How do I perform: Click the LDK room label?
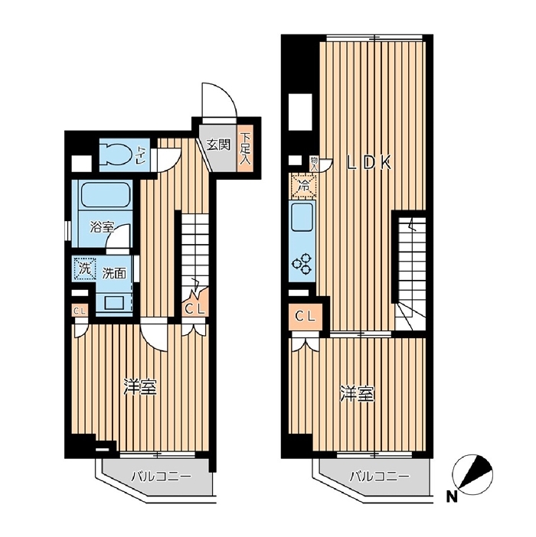pyautogui.click(x=368, y=163)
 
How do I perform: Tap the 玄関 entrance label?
pyautogui.click(x=218, y=145)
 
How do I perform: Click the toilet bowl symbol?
pyautogui.click(x=116, y=155)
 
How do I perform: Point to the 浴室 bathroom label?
pyautogui.click(x=102, y=226)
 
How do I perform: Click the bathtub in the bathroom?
pyautogui.click(x=106, y=194)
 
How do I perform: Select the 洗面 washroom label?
pyautogui.click(x=114, y=274)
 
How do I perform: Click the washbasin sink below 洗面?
pyautogui.click(x=114, y=302)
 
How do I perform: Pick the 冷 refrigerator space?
pyautogui.click(x=304, y=187)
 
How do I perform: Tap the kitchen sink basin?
pyautogui.click(x=302, y=217)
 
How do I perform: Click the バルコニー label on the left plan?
pyautogui.click(x=160, y=477)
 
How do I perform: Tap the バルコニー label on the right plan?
pyautogui.click(x=379, y=477)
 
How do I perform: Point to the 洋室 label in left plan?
pyautogui.click(x=141, y=387)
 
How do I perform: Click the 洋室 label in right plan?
pyautogui.click(x=358, y=393)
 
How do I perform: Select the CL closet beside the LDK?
pyautogui.click(x=306, y=317)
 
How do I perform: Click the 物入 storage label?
pyautogui.click(x=314, y=164)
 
